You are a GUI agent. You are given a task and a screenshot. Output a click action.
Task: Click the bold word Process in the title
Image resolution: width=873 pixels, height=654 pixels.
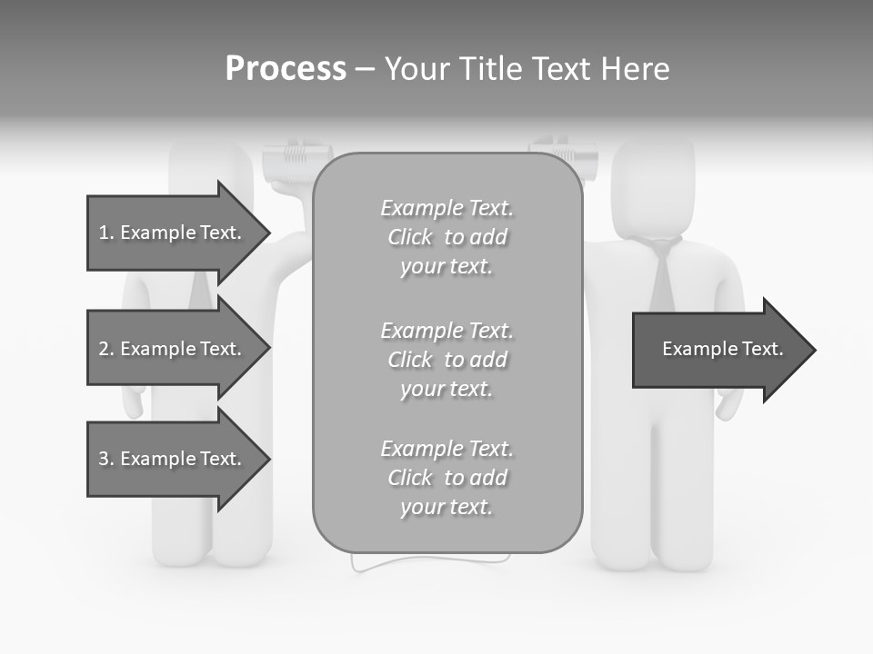(286, 69)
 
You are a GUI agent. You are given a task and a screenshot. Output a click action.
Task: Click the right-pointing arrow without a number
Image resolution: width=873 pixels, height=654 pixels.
(718, 350)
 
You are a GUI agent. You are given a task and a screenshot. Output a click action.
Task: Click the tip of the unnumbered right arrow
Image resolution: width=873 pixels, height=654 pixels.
(813, 350)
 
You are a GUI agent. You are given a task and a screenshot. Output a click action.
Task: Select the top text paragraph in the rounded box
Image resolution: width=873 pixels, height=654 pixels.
(447, 237)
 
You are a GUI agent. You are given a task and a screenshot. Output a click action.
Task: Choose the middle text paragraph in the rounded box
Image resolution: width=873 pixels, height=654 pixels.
(447, 360)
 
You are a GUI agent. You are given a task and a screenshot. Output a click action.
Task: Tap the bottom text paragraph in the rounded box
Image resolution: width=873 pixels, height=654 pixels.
(447, 478)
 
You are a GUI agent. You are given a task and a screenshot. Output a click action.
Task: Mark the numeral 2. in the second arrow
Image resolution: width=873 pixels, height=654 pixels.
(105, 349)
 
